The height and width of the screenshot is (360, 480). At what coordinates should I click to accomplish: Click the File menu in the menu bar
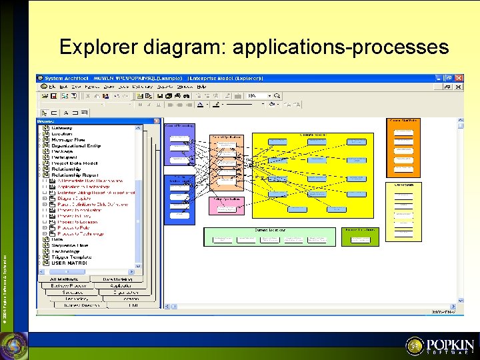pos(52,87)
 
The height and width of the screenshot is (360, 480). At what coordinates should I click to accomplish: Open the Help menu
pos(201,87)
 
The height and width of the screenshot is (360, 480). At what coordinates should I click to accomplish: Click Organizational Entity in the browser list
pos(76,145)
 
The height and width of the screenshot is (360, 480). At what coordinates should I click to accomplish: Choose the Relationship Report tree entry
pos(77,175)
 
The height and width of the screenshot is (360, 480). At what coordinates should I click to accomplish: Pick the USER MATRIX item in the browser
pos(69,263)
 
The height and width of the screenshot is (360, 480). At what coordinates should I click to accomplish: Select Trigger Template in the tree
pos(72,257)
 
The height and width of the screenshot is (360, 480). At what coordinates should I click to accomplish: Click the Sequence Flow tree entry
pos(69,245)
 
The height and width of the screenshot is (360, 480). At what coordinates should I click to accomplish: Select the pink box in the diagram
pos(226,206)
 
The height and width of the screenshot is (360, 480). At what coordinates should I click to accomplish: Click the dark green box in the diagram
pos(359,237)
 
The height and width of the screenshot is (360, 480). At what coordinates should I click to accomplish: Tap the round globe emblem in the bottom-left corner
pos(13,345)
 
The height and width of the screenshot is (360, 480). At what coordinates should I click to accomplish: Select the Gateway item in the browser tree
pos(63,127)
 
